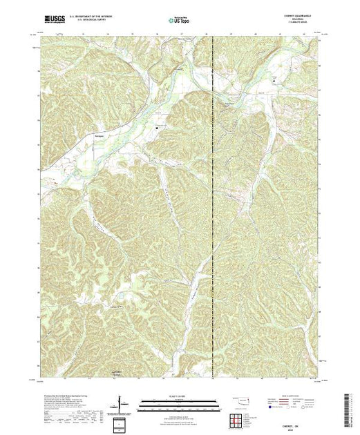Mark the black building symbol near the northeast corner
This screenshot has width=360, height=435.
274,79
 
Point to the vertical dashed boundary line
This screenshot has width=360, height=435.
213,207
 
